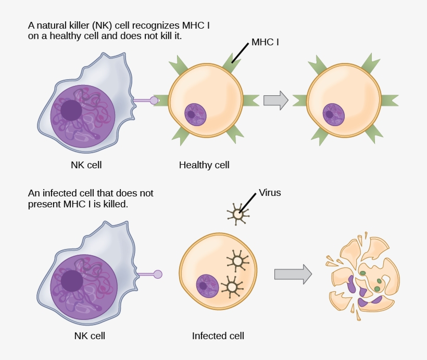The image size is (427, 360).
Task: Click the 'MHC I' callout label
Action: point(265,42)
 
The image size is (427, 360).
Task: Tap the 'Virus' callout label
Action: point(270,193)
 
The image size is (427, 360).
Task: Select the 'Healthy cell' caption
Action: point(204,165)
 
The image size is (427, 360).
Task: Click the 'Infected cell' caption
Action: point(218,336)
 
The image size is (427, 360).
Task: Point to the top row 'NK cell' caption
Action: point(86,165)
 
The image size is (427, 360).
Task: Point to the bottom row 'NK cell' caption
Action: point(90,336)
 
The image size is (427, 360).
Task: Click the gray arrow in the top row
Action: point(275,100)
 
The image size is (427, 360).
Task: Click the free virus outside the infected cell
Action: point(238,214)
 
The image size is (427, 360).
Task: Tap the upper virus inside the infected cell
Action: point(238,260)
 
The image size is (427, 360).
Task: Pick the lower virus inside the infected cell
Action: point(232,287)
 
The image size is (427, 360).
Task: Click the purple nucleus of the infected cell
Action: point(207,286)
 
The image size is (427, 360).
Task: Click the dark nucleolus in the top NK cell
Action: point(71,110)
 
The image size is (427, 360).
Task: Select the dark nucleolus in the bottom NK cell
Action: point(72,281)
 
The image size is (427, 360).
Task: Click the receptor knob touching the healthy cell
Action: point(154,100)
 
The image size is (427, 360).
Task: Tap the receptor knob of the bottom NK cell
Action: point(158,274)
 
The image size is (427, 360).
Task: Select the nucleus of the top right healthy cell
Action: point(333,114)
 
